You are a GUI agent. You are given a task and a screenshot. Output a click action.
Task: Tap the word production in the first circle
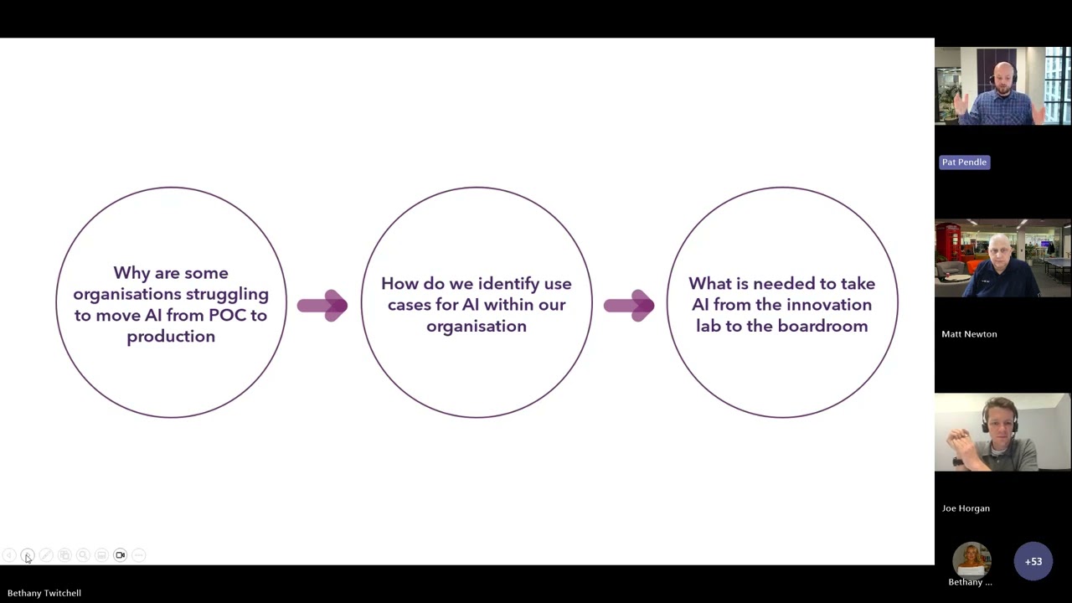coord(171,337)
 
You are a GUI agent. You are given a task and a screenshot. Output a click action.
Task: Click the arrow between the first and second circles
coord(322,306)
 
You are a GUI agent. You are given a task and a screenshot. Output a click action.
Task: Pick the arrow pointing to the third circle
coord(629,306)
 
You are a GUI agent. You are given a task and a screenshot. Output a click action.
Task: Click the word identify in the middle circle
coord(508,284)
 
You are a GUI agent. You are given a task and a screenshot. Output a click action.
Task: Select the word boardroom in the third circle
coord(822,327)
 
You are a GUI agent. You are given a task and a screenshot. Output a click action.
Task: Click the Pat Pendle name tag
coord(964,162)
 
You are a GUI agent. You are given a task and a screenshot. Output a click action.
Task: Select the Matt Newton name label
coord(969,334)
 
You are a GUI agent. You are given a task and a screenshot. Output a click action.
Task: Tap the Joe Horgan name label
coord(966,508)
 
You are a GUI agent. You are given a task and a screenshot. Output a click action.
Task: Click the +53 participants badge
coord(1033,561)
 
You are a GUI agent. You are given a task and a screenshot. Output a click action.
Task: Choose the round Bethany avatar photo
coord(971,560)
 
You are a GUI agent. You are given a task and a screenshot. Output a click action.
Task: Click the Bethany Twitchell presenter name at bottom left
coord(44,594)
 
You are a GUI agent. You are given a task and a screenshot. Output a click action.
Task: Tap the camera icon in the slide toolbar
coord(120,555)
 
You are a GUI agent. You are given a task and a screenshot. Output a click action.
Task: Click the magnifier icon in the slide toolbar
coord(83,555)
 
